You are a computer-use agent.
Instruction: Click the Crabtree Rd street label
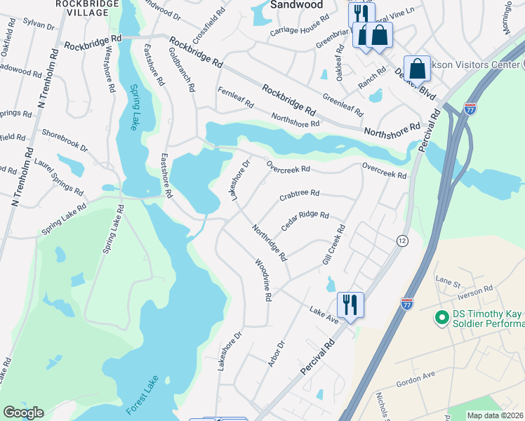point(299,194)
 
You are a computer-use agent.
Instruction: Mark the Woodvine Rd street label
point(262,279)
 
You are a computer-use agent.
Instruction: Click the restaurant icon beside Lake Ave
point(350,305)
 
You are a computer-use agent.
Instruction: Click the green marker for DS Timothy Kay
point(441,318)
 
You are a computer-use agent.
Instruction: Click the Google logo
point(23,413)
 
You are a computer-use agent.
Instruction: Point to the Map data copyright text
point(494,415)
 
